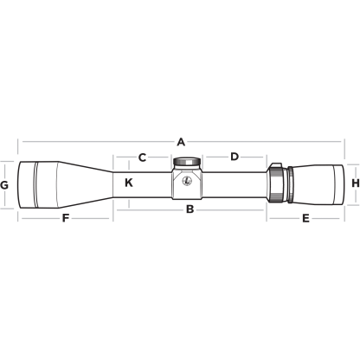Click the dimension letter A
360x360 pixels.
181,142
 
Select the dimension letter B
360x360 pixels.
190,209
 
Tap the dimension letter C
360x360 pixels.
142,157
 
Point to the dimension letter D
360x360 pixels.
235,157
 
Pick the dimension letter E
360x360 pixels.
305,219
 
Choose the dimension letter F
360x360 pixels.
66,218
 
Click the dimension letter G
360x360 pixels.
4,185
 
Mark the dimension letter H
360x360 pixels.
356,183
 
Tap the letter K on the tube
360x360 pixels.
129,183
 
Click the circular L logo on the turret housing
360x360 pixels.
187,181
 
